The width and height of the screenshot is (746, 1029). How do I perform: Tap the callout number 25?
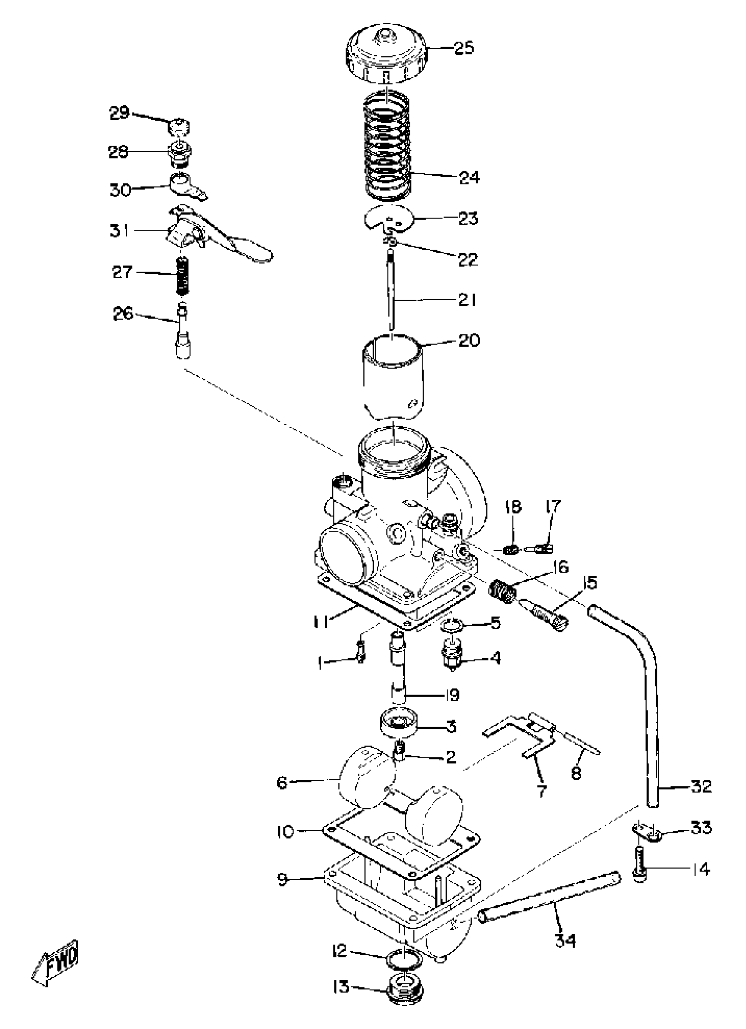464,47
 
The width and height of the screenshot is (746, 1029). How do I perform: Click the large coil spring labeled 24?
388,145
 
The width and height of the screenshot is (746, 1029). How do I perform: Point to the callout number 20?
469,340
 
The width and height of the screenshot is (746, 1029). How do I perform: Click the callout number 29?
120,112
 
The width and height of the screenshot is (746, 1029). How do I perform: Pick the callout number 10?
285,832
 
